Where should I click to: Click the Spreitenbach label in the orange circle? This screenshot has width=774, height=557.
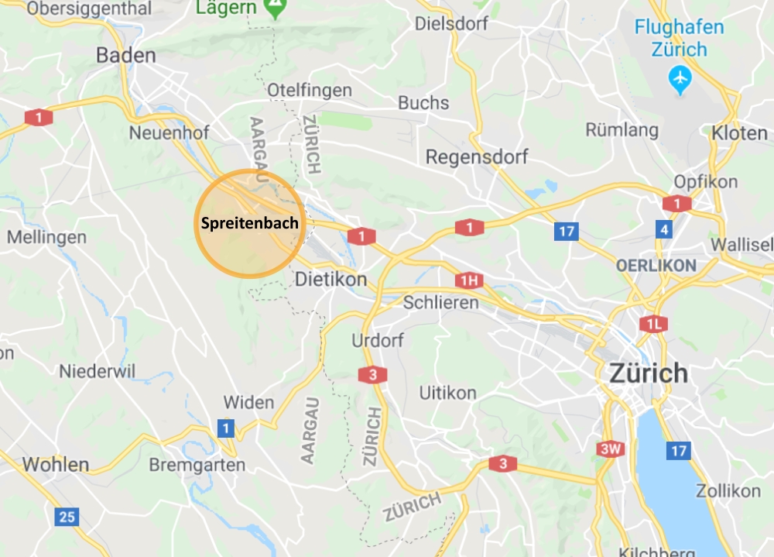(x=244, y=222)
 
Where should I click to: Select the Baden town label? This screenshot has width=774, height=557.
(x=126, y=56)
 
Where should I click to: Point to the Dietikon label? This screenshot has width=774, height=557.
(x=331, y=279)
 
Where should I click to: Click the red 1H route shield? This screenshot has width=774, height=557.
(x=468, y=280)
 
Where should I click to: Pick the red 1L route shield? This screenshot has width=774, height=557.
(x=652, y=324)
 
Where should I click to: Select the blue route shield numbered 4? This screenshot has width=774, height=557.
(x=663, y=229)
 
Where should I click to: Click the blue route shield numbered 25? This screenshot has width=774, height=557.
(x=68, y=517)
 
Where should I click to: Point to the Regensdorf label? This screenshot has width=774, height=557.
(x=477, y=157)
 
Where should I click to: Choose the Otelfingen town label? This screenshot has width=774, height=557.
(x=310, y=91)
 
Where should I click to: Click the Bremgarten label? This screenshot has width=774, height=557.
(x=197, y=466)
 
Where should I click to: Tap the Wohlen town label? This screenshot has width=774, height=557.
(x=56, y=465)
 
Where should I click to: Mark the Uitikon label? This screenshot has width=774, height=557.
(x=447, y=393)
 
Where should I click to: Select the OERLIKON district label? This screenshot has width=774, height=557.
(x=656, y=265)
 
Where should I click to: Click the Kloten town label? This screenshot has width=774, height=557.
(x=739, y=133)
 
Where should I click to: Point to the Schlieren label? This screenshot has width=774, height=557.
(x=441, y=303)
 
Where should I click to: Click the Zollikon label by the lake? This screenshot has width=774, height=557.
(x=728, y=491)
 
